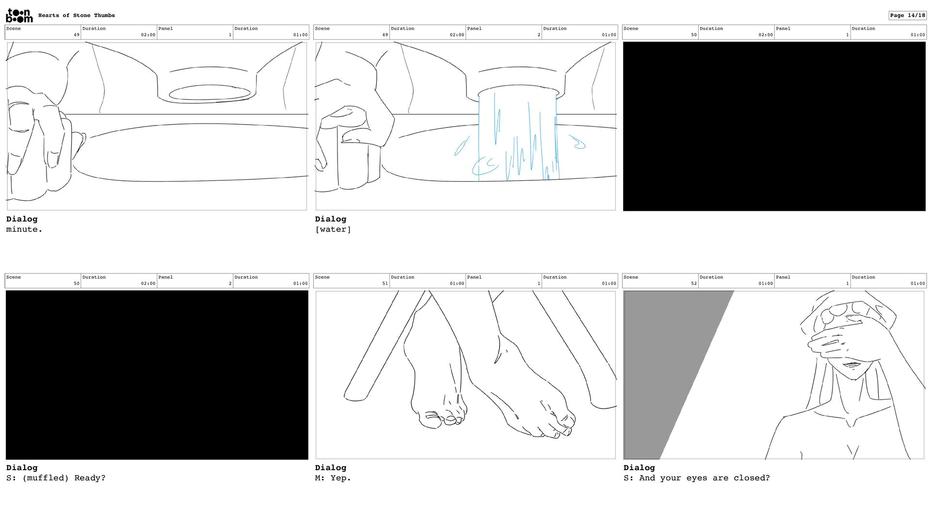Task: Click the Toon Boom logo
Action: coord(19,16)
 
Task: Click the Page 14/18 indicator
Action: coord(907,16)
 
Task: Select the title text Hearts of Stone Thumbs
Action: coord(77,16)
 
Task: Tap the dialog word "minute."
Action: coord(24,229)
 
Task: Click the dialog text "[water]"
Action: coord(333,229)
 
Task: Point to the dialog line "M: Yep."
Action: coord(333,478)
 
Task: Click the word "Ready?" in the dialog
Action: coord(90,478)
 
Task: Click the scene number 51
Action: coord(385,284)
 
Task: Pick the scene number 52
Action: coord(694,284)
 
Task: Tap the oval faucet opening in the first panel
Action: coord(209,93)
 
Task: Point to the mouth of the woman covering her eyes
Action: coord(852,365)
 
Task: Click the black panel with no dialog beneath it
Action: coord(774,127)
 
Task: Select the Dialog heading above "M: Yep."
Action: coord(331,468)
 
